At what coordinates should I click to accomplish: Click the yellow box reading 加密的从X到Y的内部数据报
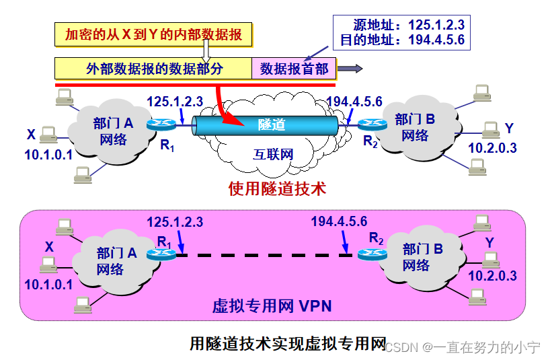[x=153, y=34]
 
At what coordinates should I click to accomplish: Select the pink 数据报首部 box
[x=294, y=69]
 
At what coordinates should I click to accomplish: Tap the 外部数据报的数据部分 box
[x=154, y=69]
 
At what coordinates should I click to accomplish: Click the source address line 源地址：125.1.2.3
[x=403, y=26]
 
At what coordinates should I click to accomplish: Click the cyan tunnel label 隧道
[x=272, y=124]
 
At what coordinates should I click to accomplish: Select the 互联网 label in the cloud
[x=273, y=154]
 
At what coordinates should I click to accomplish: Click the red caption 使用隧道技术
[x=276, y=188]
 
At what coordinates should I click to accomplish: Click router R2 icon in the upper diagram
[x=371, y=124]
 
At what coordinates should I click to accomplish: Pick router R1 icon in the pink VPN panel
[x=162, y=254]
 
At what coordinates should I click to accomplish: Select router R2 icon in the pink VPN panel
[x=371, y=254]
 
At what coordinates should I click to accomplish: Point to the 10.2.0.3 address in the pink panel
[x=492, y=276]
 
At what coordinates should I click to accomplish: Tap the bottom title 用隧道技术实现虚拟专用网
[x=288, y=344]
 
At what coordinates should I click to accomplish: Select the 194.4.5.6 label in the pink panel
[x=339, y=221]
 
